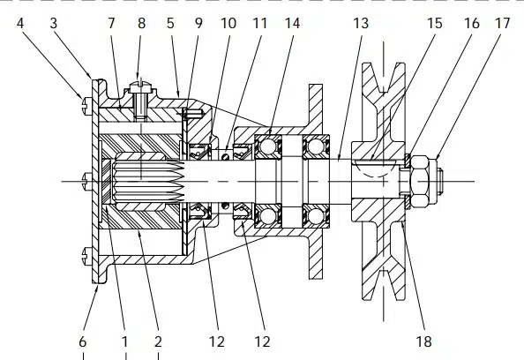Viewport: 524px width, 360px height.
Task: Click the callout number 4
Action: (x=20, y=24)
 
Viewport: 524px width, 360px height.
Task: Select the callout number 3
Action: (x=54, y=24)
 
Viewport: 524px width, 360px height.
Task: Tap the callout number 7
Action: (x=111, y=24)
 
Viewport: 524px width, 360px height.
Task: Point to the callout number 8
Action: (x=141, y=24)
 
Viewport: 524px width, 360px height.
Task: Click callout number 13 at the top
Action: (x=361, y=24)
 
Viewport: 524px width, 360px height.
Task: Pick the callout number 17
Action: (x=502, y=24)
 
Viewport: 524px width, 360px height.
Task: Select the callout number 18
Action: (x=423, y=341)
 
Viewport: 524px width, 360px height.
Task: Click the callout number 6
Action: (x=83, y=341)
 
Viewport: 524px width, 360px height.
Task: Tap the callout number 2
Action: (x=158, y=341)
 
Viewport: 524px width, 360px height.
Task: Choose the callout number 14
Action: (x=292, y=24)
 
